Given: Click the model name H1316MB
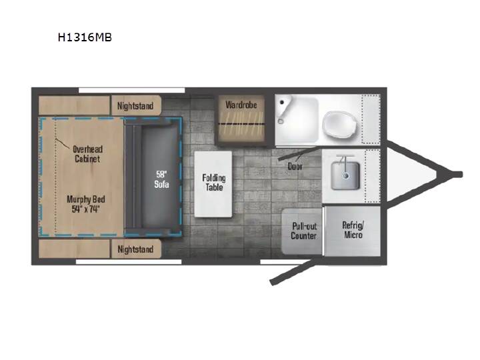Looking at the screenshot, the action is [x=85, y=37].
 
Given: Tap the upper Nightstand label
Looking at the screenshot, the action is [x=135, y=106].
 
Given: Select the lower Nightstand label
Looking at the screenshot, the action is [x=135, y=249].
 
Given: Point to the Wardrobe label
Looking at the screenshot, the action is [x=241, y=105].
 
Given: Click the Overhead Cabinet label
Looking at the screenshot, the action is [x=87, y=154].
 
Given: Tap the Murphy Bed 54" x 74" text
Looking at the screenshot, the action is [x=86, y=204].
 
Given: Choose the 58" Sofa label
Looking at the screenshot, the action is [x=161, y=179].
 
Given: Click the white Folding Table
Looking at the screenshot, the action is [x=213, y=184].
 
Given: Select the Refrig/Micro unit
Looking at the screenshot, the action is [x=353, y=231].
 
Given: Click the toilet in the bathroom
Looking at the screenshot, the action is [x=340, y=125].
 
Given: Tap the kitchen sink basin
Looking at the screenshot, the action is [x=345, y=175].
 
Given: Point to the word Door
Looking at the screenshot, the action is [x=295, y=167].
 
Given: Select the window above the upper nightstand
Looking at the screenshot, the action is [x=131, y=90].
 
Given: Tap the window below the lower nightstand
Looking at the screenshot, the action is [x=129, y=262].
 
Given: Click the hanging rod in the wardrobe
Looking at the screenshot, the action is [x=241, y=124].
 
